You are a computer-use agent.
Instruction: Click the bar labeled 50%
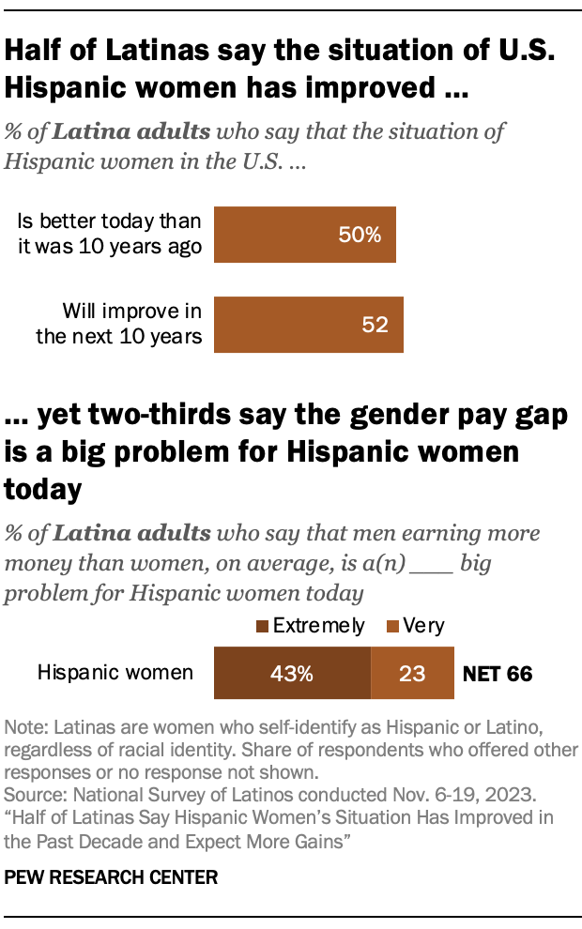[305, 235]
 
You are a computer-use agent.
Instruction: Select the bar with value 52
[309, 325]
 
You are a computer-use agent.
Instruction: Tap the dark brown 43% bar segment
[292, 673]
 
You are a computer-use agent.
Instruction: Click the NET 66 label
[498, 674]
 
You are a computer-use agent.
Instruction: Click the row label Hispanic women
[115, 673]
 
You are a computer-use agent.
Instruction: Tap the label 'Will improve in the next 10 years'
[118, 325]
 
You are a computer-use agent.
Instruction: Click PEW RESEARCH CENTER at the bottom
[111, 878]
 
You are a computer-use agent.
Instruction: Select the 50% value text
[360, 235]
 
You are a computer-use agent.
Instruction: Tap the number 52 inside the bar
[375, 325]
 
